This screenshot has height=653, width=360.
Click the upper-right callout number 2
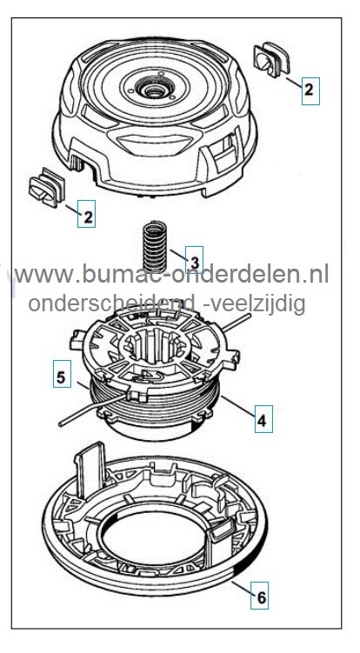[x=310, y=90]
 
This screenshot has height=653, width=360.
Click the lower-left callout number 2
[x=87, y=214]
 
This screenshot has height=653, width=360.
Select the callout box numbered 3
[x=194, y=260]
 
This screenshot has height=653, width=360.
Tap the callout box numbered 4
[x=263, y=419]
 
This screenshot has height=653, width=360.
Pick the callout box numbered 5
[x=62, y=374]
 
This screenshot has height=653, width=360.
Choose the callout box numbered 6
[x=259, y=596]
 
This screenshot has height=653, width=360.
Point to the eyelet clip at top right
[x=271, y=59]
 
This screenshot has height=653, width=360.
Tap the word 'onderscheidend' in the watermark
[x=111, y=303]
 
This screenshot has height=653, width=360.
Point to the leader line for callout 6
[x=241, y=588]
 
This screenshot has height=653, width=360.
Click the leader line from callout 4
[x=238, y=407]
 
